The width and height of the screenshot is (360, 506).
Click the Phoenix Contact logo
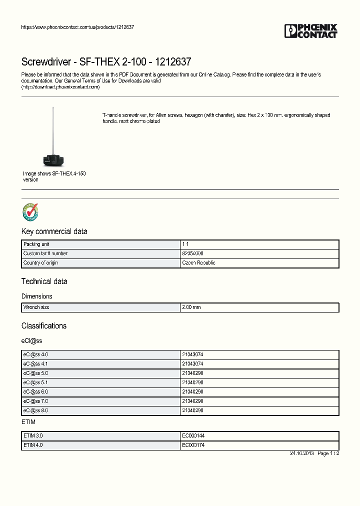(311, 31)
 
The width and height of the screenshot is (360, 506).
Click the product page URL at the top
(77, 27)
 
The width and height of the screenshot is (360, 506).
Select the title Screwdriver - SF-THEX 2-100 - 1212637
(106, 62)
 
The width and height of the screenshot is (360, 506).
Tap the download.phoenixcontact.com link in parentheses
(60, 87)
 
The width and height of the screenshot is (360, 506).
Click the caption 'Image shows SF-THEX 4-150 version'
(54, 176)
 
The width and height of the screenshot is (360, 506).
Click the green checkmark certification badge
(30, 212)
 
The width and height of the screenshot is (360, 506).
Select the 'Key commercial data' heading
(54, 231)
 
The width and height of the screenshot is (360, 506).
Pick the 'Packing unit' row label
(36, 244)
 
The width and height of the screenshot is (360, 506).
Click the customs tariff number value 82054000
(192, 253)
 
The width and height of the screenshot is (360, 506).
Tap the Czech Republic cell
(198, 262)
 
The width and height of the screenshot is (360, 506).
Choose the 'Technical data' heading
(44, 281)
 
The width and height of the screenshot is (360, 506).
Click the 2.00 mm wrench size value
(191, 307)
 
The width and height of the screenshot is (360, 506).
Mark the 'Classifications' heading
(44, 325)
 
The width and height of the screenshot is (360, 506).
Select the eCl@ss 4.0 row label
(35, 354)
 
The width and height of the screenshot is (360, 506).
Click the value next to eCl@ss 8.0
(192, 410)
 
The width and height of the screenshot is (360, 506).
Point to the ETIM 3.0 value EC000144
(193, 435)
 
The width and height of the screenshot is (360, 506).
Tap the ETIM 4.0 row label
(33, 445)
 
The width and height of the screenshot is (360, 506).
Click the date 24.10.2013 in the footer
(302, 453)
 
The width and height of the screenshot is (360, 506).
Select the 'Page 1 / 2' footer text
(328, 453)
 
